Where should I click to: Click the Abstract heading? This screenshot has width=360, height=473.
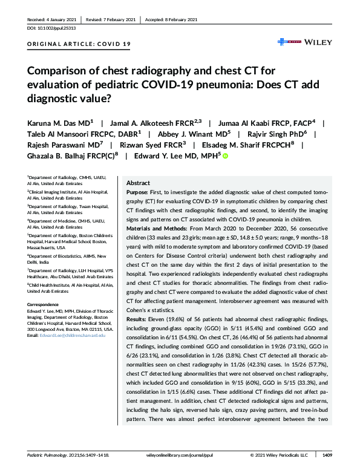tap(138, 183)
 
